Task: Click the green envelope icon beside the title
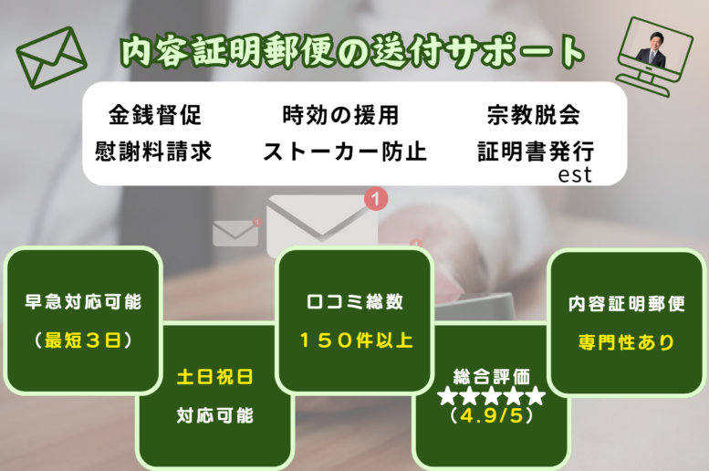click(x=51, y=58)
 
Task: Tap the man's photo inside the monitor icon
click(x=651, y=50)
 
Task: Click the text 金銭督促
click(x=154, y=115)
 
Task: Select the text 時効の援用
click(x=340, y=115)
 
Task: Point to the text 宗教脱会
click(x=534, y=115)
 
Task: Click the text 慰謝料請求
click(x=153, y=152)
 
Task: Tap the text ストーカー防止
click(x=345, y=152)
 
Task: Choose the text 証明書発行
click(x=536, y=152)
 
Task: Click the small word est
click(x=575, y=174)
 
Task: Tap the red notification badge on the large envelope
click(x=376, y=198)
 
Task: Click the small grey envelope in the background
click(x=235, y=233)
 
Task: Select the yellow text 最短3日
click(x=83, y=340)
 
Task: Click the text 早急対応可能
click(x=83, y=302)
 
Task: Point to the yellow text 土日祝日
click(x=214, y=376)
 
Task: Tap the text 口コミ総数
click(x=355, y=302)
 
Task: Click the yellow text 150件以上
click(x=356, y=340)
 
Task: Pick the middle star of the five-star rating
click(x=492, y=396)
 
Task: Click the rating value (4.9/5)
click(x=492, y=415)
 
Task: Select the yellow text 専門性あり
click(x=627, y=342)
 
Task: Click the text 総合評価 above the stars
click(x=492, y=376)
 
